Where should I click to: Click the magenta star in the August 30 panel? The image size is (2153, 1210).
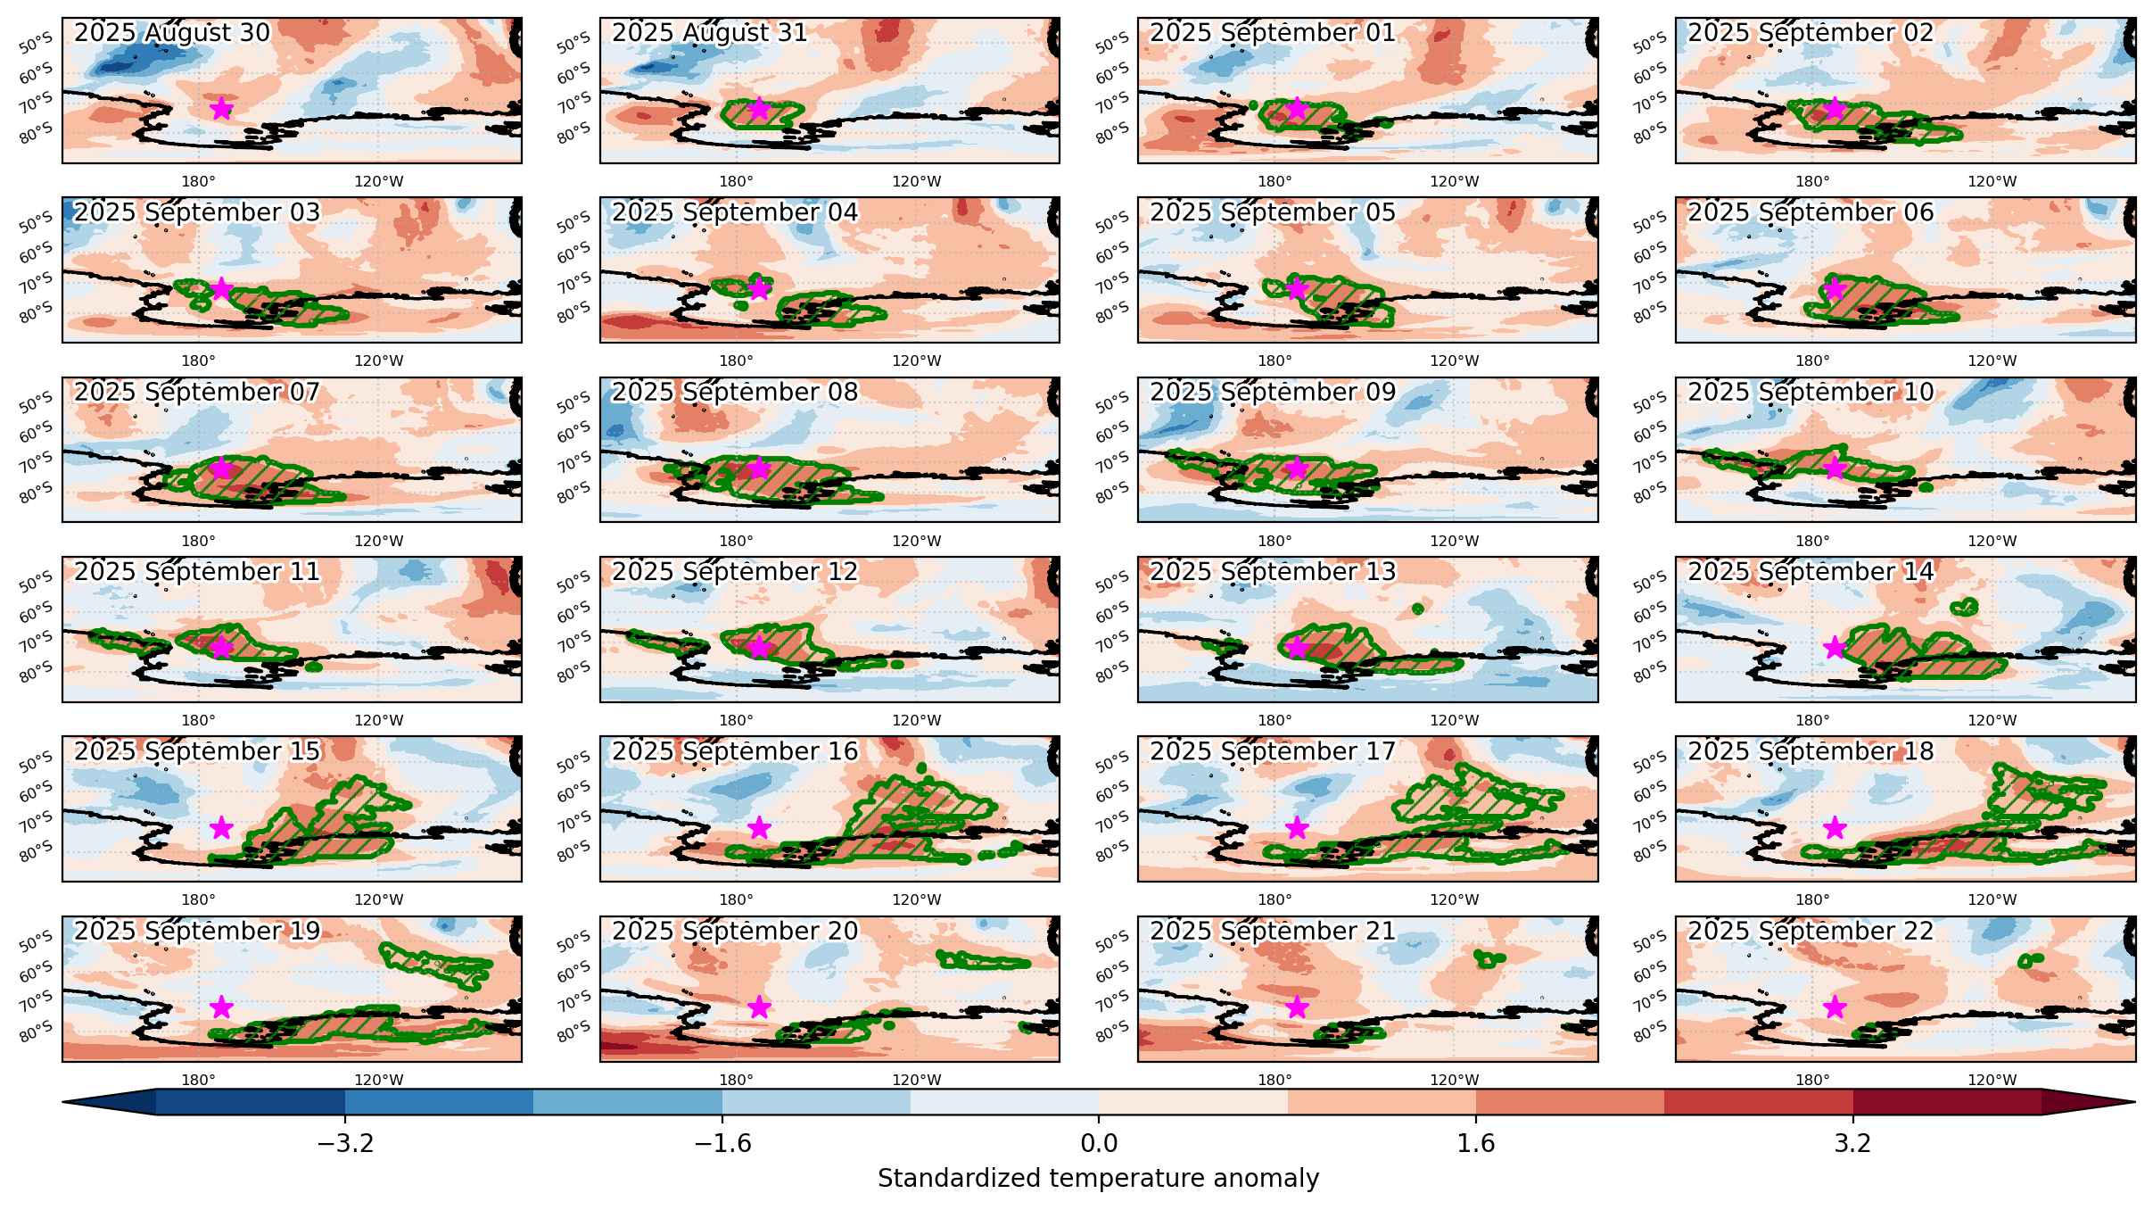221,109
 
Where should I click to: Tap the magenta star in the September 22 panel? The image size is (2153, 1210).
1835,1007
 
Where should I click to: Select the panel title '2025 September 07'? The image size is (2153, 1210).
197,393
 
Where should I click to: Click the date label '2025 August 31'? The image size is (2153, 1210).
710,33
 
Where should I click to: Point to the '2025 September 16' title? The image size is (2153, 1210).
735,752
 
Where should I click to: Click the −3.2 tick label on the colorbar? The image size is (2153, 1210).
345,1144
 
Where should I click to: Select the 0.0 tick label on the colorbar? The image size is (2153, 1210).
1099,1144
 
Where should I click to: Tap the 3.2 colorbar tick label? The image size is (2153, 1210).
1853,1144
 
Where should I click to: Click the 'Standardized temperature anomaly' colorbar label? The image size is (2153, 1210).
1099,1179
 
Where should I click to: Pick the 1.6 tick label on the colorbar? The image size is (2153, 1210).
1476,1144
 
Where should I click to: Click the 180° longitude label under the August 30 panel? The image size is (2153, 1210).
198,182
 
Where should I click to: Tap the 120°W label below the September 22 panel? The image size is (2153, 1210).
1992,1081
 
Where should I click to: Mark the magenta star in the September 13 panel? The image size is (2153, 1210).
1297,648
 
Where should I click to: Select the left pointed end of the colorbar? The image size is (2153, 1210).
62,1103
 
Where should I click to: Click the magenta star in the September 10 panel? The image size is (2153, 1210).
1835,468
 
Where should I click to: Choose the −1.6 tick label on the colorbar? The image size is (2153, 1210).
722,1144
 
